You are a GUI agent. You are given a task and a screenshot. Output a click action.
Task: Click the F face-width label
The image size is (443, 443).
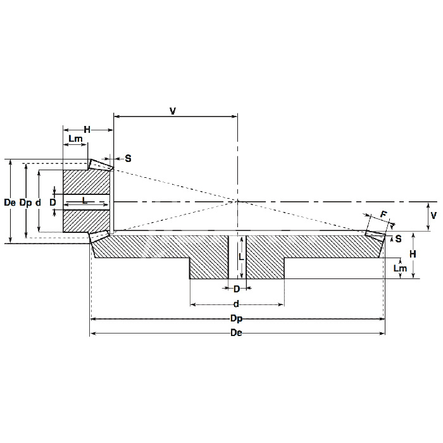(x=384, y=215)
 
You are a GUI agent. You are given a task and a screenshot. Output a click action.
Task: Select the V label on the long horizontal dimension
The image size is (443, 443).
(x=173, y=111)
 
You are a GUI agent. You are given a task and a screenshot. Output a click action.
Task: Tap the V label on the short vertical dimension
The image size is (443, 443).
(x=434, y=216)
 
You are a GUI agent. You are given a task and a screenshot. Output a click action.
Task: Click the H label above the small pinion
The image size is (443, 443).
(x=87, y=130)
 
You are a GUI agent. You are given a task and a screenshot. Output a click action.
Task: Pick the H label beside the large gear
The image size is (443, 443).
(x=413, y=254)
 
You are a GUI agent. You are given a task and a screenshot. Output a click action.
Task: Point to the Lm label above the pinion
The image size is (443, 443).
(x=75, y=139)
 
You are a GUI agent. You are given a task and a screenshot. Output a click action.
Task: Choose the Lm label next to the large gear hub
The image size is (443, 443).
(x=400, y=268)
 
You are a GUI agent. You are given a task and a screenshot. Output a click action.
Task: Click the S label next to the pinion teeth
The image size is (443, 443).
(x=128, y=158)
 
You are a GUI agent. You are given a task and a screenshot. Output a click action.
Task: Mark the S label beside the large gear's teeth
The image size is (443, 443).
(x=398, y=239)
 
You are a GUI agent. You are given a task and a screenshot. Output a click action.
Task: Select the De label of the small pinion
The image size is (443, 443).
(x=9, y=203)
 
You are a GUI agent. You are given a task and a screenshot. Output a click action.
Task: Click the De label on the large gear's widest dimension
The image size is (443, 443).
(x=236, y=333)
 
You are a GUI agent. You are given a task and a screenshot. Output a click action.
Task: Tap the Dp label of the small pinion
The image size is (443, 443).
(x=25, y=203)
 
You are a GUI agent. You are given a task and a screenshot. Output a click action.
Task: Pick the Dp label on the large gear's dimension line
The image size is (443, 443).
(x=237, y=319)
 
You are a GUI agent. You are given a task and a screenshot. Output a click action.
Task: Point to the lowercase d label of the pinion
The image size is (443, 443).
(x=38, y=203)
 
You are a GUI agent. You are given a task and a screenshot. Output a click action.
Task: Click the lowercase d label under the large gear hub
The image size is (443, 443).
(x=236, y=304)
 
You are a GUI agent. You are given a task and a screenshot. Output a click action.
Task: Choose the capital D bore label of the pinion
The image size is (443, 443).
(x=53, y=203)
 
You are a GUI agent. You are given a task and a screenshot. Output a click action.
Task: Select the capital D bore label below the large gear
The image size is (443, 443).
(x=237, y=289)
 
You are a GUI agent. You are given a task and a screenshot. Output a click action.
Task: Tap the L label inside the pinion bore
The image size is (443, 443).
(x=84, y=201)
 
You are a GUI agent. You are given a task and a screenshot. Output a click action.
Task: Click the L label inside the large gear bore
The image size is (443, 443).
(x=241, y=257)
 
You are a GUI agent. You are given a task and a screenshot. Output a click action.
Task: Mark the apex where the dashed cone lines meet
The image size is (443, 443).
(x=237, y=201)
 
